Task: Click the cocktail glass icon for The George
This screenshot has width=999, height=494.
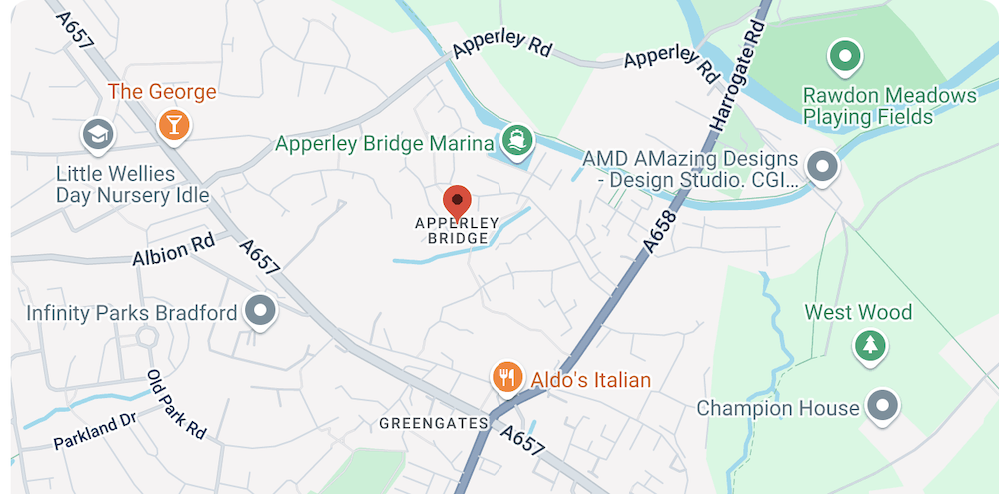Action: pos(175,124)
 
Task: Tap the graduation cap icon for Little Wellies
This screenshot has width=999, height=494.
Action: pos(97,134)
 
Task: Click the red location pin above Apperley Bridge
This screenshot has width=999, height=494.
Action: pos(457,201)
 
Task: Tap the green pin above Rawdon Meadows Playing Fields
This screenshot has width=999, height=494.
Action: pos(846,56)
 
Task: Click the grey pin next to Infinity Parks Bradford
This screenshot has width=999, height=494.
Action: pos(261,311)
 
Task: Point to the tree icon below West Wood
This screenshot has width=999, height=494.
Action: pos(870,346)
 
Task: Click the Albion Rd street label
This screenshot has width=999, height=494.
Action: pos(174,250)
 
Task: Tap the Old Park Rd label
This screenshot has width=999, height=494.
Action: pos(176,404)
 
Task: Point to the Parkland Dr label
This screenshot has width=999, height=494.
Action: pos(94,431)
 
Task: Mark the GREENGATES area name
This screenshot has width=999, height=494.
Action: pos(433,424)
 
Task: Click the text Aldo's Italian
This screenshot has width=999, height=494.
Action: pos(590,380)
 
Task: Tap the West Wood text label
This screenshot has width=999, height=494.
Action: pos(858,313)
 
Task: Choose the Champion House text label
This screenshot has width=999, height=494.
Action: pos(777,408)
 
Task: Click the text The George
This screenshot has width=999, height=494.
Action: pos(162,92)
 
